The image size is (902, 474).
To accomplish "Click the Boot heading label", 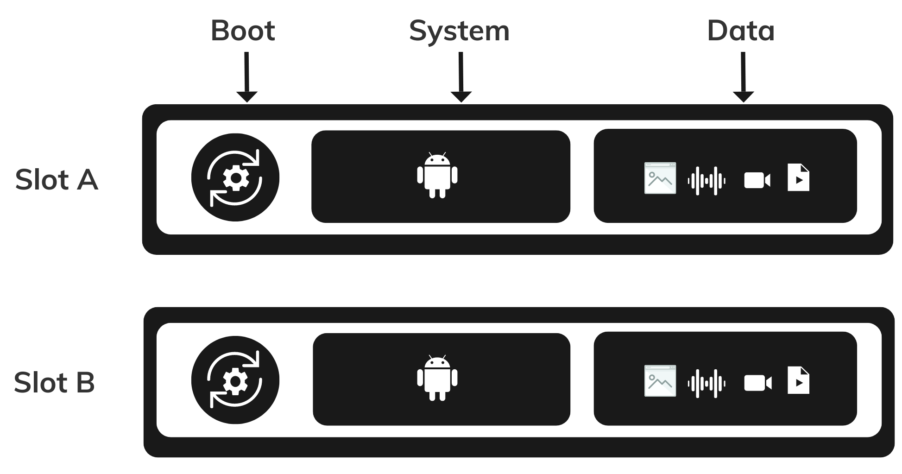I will pyautogui.click(x=243, y=31).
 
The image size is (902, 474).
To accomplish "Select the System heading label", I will pyautogui.click(x=459, y=32).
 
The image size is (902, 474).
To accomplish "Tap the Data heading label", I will pyautogui.click(x=741, y=31).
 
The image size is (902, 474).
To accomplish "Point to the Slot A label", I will pyautogui.click(x=57, y=180).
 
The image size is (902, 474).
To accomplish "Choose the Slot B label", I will pyautogui.click(x=54, y=383).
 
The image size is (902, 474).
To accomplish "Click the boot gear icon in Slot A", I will pyautogui.click(x=235, y=177).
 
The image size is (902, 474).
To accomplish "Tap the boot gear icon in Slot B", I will pyautogui.click(x=235, y=380).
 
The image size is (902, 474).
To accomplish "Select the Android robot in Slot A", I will pyautogui.click(x=437, y=175).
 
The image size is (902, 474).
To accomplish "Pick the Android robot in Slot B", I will pyautogui.click(x=437, y=378).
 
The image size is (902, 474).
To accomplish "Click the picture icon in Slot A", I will pyautogui.click(x=660, y=178).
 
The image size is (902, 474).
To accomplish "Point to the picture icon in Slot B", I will pyautogui.click(x=660, y=381).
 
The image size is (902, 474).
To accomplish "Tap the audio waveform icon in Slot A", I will pyautogui.click(x=706, y=181).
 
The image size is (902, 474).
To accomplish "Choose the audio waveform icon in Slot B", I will pyautogui.click(x=706, y=383).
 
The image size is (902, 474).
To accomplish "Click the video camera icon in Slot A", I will pyautogui.click(x=757, y=181).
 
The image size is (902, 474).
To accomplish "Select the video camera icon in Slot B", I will pyautogui.click(x=757, y=383).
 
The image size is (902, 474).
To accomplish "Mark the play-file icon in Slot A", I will pyautogui.click(x=798, y=178).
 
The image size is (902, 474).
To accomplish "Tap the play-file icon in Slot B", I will pyautogui.click(x=798, y=380).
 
